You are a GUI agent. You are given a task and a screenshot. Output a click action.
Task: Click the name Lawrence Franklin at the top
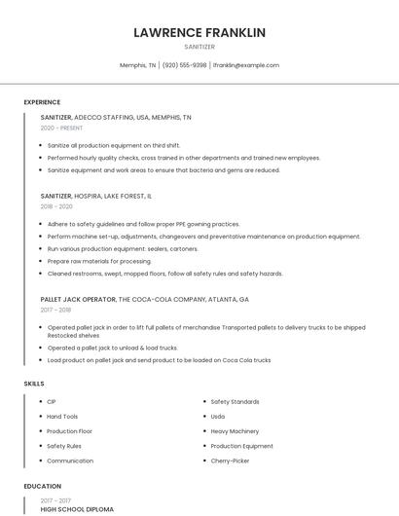tap(199, 32)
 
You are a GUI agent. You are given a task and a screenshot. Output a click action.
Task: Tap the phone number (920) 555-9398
tap(185, 65)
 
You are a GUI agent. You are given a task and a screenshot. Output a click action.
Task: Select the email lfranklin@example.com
tap(245, 65)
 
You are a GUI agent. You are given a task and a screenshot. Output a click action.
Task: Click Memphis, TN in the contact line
tap(137, 65)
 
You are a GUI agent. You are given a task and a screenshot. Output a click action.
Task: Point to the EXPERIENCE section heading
tap(42, 102)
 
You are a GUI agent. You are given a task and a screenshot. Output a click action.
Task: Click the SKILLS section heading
tap(34, 384)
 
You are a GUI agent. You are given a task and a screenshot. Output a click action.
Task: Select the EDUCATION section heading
tap(43, 486)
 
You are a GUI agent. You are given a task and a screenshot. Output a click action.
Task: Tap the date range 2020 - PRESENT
tap(61, 128)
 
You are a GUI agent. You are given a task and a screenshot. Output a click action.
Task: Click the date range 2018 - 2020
tap(56, 206)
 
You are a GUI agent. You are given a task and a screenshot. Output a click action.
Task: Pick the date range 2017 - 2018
tap(55, 310)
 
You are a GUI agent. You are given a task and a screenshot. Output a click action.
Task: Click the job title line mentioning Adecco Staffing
tap(116, 117)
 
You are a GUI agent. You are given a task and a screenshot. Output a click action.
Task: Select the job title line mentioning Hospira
tap(96, 196)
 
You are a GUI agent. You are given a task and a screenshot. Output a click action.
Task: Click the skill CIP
tap(52, 401)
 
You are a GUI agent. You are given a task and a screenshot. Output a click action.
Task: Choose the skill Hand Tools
tap(62, 416)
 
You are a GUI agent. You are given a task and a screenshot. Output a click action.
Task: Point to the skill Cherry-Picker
tap(231, 461)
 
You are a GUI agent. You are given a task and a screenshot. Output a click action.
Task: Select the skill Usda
tap(218, 416)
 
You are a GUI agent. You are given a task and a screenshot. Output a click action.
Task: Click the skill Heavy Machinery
tap(235, 430)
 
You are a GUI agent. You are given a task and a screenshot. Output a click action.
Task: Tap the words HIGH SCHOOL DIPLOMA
tap(77, 509)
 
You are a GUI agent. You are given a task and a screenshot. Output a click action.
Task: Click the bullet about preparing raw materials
tap(99, 261)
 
